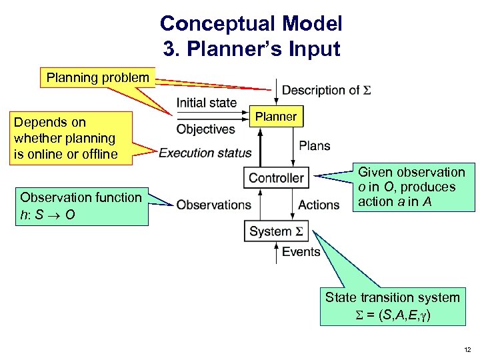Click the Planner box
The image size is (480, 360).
coord(276,117)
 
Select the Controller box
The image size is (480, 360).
coord(276,178)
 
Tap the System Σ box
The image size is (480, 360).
coord(276,231)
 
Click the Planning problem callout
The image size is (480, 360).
coord(97,78)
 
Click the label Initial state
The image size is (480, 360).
coord(206,103)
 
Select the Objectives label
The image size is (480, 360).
coord(205,129)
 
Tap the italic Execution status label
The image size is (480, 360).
coord(205,153)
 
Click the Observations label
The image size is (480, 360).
coord(213,205)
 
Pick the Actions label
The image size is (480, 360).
coord(319,205)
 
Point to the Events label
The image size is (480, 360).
coord(301,251)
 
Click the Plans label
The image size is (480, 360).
coord(315,145)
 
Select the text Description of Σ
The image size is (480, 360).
coord(326,90)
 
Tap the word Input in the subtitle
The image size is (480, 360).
coord(315,49)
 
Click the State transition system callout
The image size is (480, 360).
coord(392,305)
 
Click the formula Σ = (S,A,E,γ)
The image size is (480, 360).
coord(392,313)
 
